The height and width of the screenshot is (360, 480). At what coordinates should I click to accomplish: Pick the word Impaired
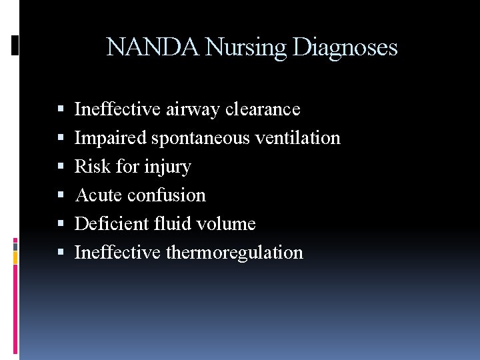click(111, 138)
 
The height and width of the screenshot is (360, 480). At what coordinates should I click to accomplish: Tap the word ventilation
click(297, 138)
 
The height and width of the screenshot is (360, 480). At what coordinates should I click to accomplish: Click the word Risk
click(93, 167)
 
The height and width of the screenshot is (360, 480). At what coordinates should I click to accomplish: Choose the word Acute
click(99, 195)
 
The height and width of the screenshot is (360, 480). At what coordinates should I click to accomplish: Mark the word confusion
click(167, 195)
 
